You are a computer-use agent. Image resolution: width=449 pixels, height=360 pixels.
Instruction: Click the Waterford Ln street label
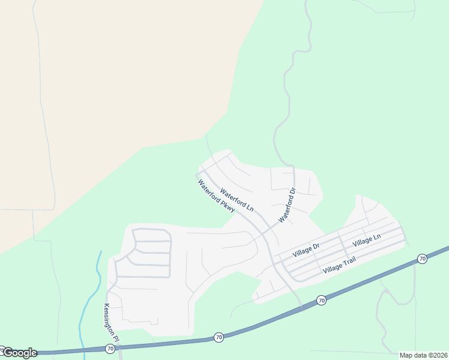(x=237, y=200)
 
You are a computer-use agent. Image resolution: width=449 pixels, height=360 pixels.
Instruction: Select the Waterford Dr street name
(x=288, y=206)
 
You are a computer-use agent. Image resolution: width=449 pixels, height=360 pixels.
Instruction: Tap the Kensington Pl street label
(x=112, y=323)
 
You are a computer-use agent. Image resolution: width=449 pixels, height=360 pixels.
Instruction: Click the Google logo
(x=20, y=353)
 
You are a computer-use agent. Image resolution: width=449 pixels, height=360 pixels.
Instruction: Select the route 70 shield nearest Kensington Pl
(x=110, y=348)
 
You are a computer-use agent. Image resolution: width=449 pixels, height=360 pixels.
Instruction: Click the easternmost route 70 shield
(x=422, y=259)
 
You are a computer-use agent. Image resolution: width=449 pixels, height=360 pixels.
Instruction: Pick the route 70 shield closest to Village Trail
(x=321, y=300)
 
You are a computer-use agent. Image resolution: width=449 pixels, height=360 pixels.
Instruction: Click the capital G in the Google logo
(x=8, y=353)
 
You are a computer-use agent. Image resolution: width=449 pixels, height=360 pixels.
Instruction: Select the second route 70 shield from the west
(x=218, y=338)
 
